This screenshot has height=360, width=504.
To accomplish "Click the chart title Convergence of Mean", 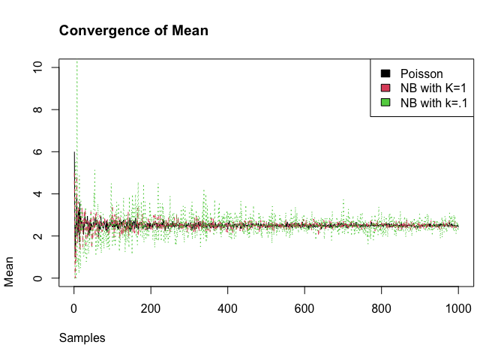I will coord(133,31).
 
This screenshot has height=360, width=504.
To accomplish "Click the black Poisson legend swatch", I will coord(385,73).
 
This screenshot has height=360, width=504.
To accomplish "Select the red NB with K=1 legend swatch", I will coord(385,88).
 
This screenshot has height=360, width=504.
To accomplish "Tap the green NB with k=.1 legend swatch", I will coord(385,103).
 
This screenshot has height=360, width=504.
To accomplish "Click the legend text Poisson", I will coord(421,73).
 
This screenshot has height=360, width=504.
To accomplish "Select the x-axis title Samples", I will coord(82,338).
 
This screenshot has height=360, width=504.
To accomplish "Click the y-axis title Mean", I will coord(10,275).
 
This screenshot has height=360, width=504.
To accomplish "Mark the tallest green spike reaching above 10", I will coord(76,64).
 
